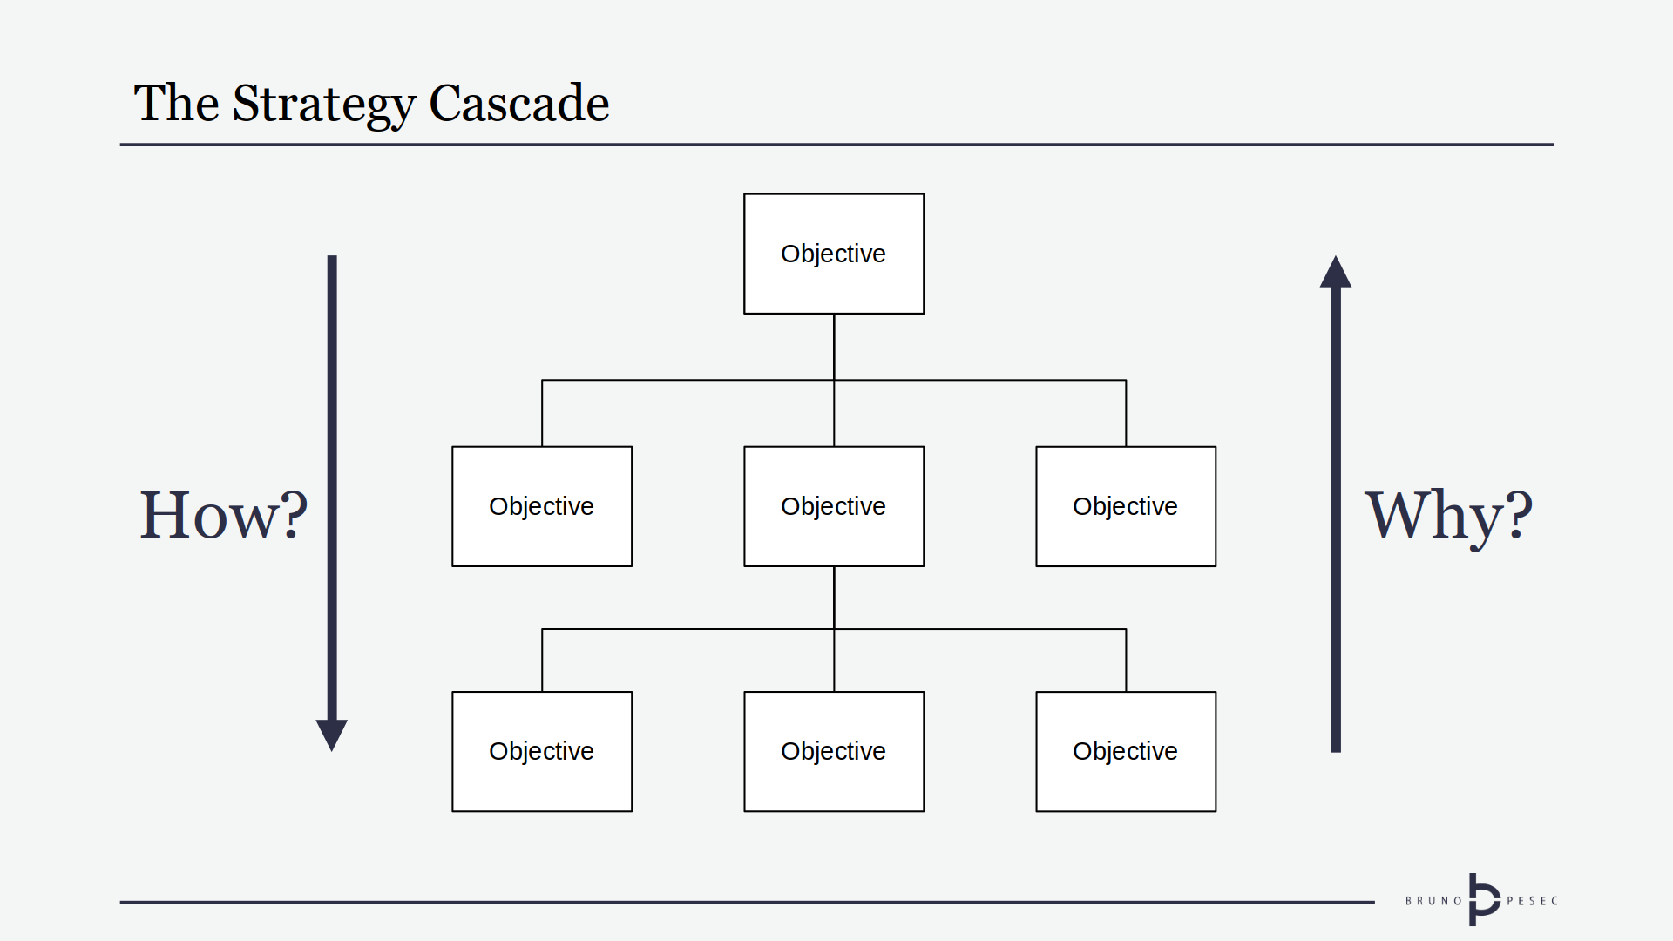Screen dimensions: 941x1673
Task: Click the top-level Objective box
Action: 834,254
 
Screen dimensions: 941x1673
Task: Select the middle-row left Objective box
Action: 542,506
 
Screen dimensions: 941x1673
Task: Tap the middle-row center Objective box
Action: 834,506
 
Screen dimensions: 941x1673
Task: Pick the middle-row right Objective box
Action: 1126,506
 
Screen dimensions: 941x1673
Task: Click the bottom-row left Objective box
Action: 542,751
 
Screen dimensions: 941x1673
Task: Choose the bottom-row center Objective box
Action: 834,751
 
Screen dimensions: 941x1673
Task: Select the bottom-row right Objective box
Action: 1126,751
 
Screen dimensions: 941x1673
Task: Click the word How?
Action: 223,515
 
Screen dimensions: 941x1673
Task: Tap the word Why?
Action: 1448,515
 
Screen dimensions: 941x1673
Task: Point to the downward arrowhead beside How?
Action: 332,733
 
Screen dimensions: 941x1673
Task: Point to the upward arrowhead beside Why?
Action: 1336,274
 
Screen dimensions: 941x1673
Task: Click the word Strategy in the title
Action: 323,104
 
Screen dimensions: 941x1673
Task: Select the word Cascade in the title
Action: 518,104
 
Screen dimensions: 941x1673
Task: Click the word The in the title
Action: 176,104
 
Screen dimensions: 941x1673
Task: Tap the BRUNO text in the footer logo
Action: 1433,901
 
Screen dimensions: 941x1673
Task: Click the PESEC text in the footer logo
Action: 1532,901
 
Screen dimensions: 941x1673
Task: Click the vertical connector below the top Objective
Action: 834,347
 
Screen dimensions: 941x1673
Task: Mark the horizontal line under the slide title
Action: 836,145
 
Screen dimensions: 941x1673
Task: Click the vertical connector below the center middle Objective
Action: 834,598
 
